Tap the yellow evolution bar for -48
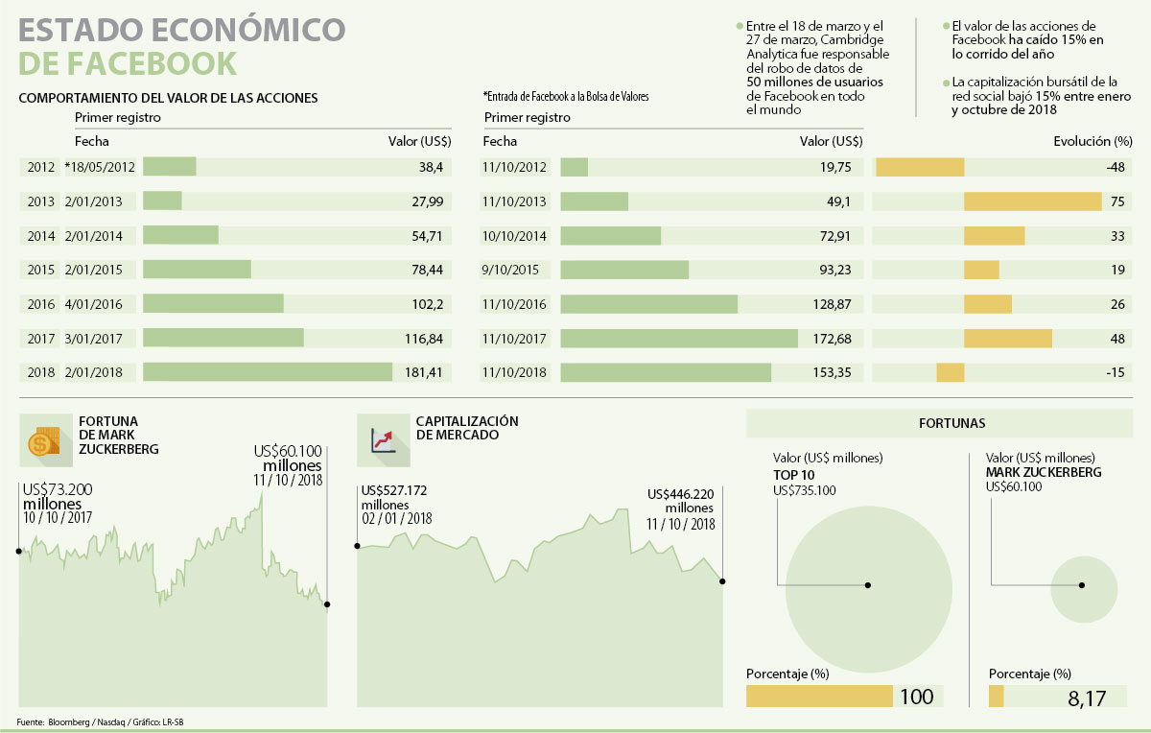[921, 167]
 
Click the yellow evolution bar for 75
[1032, 201]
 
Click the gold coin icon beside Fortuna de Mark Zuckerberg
[41, 442]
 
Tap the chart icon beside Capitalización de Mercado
[383, 440]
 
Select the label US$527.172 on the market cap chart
[394, 490]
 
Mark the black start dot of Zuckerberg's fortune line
[18, 551]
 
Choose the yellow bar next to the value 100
[819, 697]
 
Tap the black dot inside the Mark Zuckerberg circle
[1083, 585]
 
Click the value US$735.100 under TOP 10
[804, 490]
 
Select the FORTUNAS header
[938, 422]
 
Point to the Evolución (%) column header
[1089, 142]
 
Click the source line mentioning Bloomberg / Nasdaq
[101, 721]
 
